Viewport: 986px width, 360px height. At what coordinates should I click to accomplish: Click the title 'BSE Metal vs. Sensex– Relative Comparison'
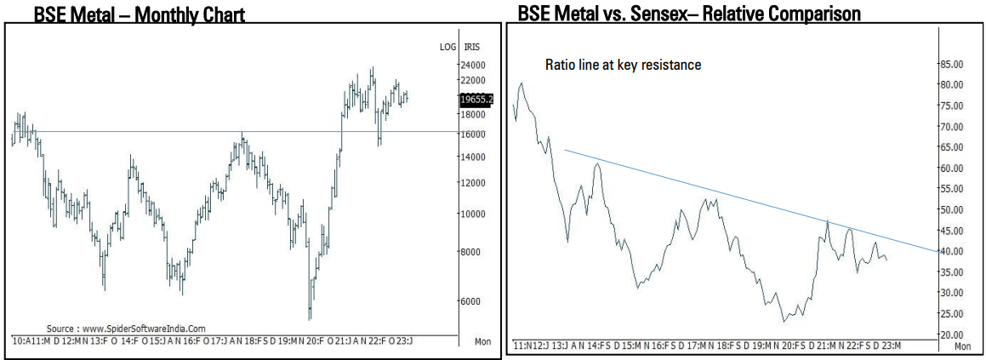tap(687, 14)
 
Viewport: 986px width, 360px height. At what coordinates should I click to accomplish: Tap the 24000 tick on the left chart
tap(472, 66)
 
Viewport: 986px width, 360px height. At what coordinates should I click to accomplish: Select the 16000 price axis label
tap(472, 134)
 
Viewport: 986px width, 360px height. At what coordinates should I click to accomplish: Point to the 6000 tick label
tap(472, 300)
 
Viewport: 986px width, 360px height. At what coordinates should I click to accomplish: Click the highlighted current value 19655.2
tap(476, 99)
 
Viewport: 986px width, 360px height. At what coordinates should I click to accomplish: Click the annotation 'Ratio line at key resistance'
tap(623, 65)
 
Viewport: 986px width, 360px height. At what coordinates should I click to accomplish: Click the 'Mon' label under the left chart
tap(482, 341)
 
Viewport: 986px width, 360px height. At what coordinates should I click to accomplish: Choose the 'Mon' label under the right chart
tap(962, 346)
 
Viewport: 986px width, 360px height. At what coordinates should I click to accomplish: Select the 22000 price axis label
tap(472, 80)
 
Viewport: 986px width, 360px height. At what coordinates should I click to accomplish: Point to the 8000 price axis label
tap(472, 252)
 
